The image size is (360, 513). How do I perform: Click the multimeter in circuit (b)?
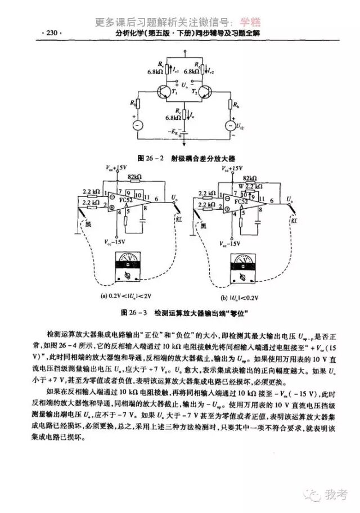242,268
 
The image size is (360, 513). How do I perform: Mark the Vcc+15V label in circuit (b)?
232,168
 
